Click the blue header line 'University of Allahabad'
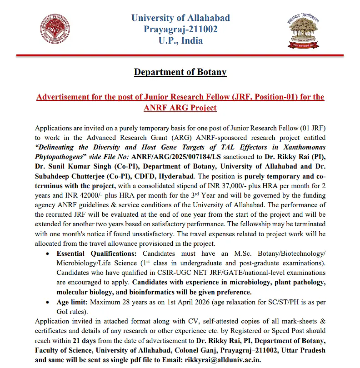click(x=180, y=18)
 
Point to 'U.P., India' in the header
click(x=180, y=40)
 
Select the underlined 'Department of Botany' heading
click(x=180, y=72)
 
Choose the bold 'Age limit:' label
click(x=72, y=302)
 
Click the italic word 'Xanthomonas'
click(x=302, y=148)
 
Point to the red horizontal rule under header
click(x=180, y=55)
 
